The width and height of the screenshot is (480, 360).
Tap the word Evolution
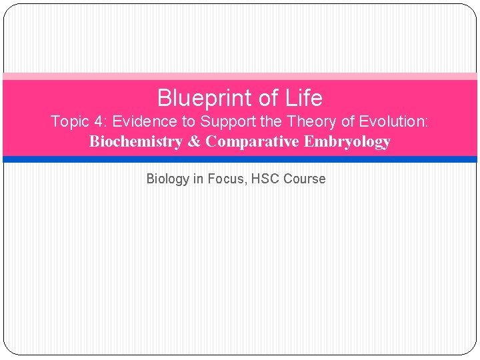tap(396, 122)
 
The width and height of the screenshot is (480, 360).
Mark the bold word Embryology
tap(347, 142)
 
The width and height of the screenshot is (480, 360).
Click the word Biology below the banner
tap(168, 179)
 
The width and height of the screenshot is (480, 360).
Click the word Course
tap(305, 179)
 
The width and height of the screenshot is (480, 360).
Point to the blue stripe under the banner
tap(240, 159)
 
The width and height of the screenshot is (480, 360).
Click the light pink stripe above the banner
tap(240, 77)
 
